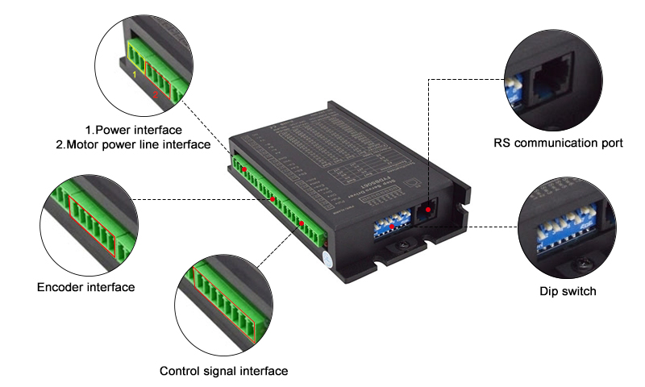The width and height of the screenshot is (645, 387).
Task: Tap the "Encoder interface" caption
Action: coord(85,287)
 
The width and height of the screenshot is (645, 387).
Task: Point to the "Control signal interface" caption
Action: coord(223,371)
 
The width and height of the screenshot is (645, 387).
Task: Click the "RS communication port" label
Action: coord(558,144)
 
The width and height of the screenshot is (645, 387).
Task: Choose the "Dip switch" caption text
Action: coord(568,290)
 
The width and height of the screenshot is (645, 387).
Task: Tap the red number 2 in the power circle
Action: coord(156,94)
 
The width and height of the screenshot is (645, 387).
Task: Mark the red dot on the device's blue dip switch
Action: coord(393,227)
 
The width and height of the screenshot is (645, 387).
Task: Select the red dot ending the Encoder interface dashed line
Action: coord(273,198)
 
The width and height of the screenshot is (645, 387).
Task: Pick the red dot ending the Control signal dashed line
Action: coord(302,223)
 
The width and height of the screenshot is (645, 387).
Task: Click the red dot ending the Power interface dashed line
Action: coord(243,170)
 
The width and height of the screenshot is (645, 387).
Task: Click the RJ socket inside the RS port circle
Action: coord(550,77)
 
